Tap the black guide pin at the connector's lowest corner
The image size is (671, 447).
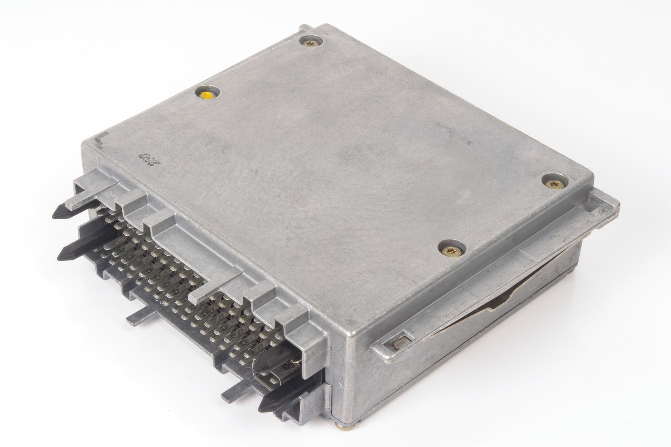pos(272,403)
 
